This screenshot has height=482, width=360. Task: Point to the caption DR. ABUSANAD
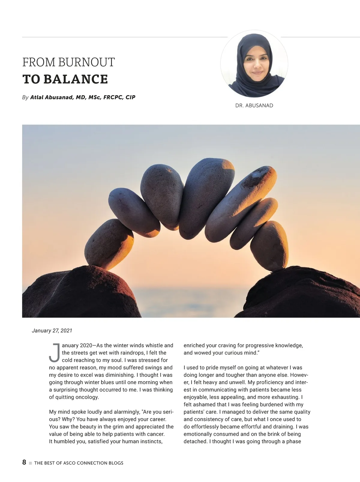click(x=254, y=106)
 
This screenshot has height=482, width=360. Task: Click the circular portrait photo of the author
click(x=254, y=64)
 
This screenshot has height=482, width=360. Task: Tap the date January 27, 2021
click(x=52, y=331)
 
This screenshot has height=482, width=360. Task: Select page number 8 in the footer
click(x=24, y=462)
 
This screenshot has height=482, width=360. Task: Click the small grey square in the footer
click(x=30, y=463)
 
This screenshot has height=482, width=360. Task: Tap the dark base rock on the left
click(x=78, y=294)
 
